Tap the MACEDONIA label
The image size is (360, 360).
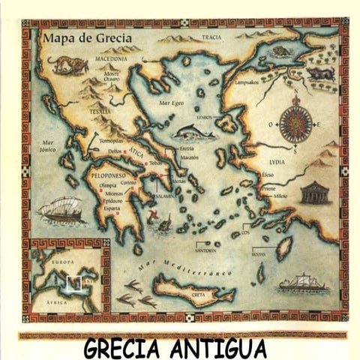[x=110, y=57]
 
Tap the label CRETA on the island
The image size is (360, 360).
[x=198, y=295]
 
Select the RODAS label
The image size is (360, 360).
[x=258, y=253]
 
